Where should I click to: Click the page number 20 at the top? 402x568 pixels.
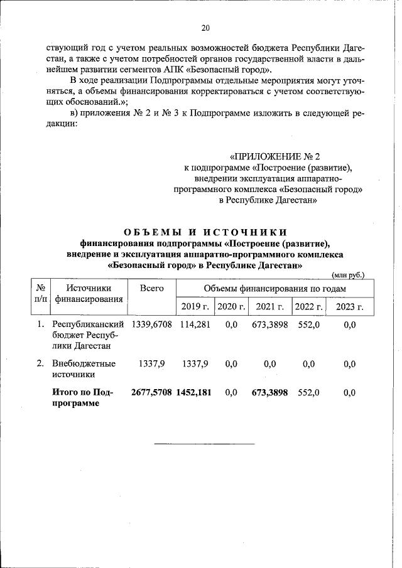(x=205, y=28)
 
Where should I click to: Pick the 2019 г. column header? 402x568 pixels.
(x=194, y=306)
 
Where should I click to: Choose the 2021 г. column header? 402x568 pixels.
(x=270, y=306)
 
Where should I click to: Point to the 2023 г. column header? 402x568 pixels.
(x=350, y=306)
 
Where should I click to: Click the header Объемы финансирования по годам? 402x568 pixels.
(x=274, y=288)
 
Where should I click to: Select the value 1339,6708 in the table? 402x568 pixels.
(x=151, y=324)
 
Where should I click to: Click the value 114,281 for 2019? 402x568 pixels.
(x=194, y=324)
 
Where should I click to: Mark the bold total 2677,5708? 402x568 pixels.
(x=151, y=392)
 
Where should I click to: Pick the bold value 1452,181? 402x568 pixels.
(x=194, y=392)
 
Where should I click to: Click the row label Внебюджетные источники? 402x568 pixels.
(x=76, y=368)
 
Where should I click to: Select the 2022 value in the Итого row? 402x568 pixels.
(x=308, y=392)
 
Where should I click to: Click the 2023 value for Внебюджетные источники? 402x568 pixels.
(x=350, y=363)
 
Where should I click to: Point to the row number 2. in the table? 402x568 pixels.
(x=40, y=363)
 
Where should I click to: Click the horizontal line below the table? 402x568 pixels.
(x=205, y=444)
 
